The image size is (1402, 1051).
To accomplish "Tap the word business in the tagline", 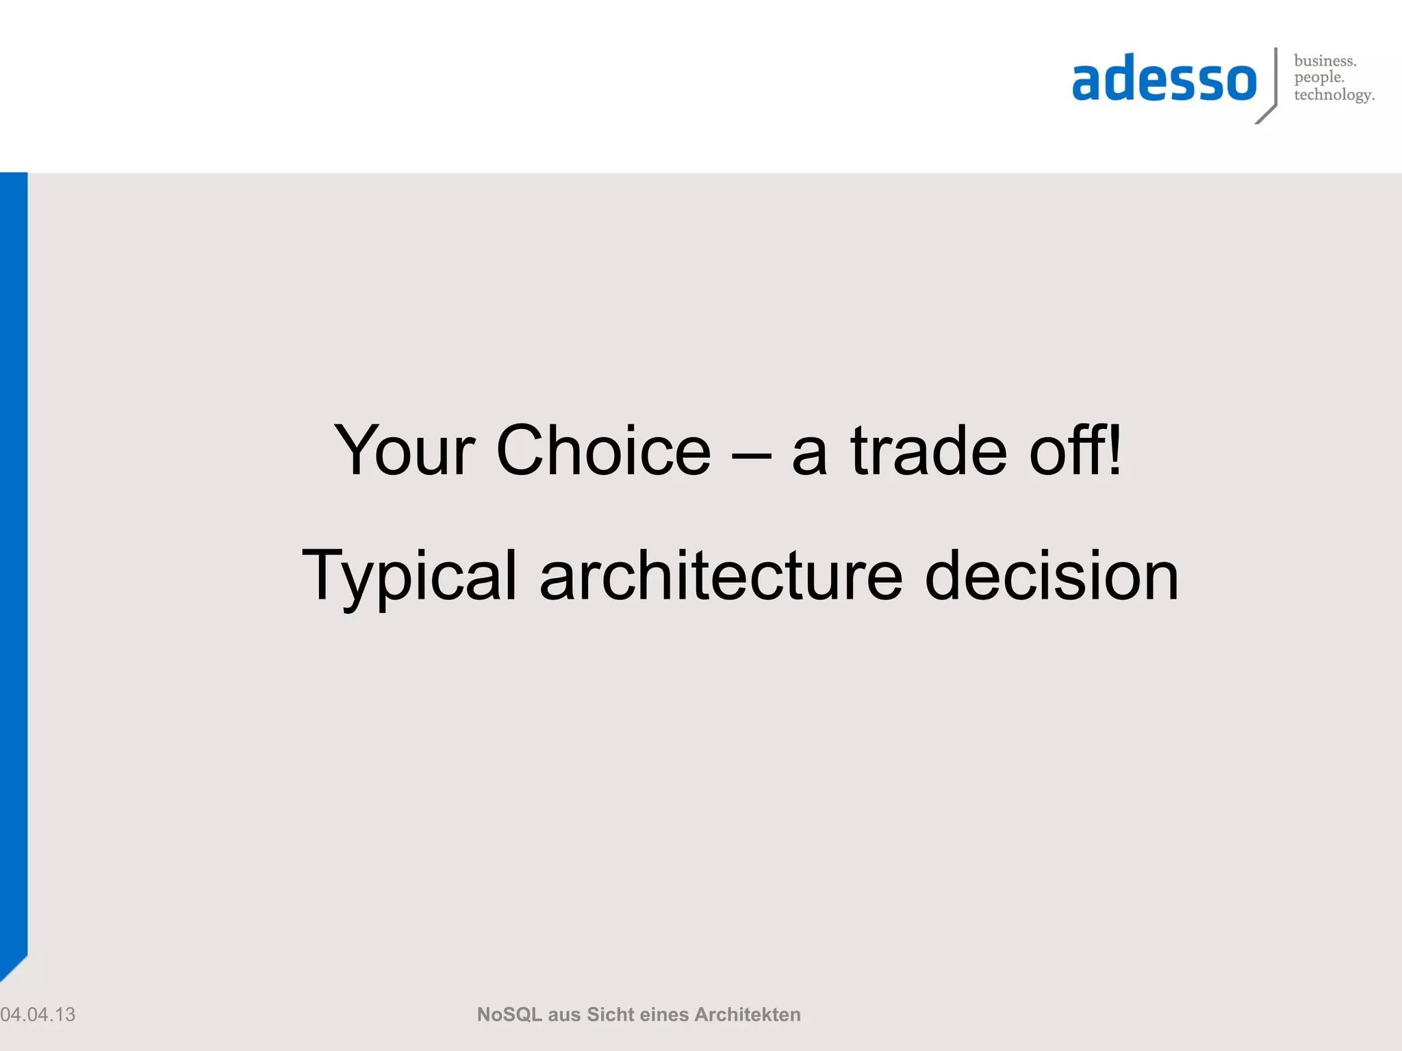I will coord(1325,61).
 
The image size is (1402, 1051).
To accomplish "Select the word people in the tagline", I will coord(1318,78).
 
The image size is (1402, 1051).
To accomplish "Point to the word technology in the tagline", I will coord(1334,95).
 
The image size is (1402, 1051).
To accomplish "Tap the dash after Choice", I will coord(751,454).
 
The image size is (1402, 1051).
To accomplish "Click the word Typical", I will coord(409,576).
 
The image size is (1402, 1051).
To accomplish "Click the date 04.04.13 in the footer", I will coord(38,1014).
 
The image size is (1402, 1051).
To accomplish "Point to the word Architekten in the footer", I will coord(747,1014).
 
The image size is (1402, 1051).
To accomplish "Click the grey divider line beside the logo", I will coord(1275,79).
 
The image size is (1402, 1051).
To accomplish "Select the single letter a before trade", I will coord(809,454).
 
